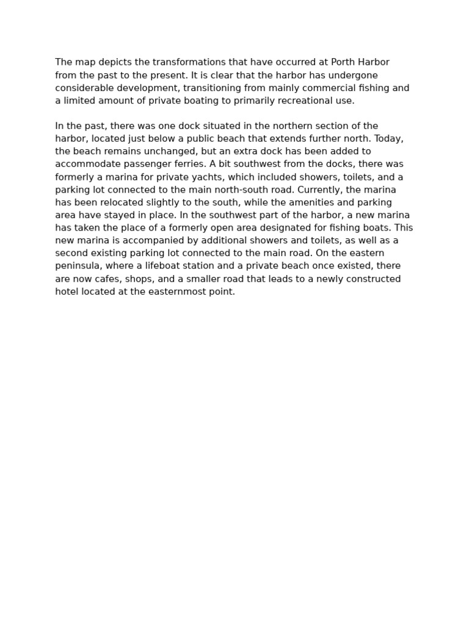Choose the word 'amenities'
(x=280, y=202)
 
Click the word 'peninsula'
(x=77, y=266)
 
